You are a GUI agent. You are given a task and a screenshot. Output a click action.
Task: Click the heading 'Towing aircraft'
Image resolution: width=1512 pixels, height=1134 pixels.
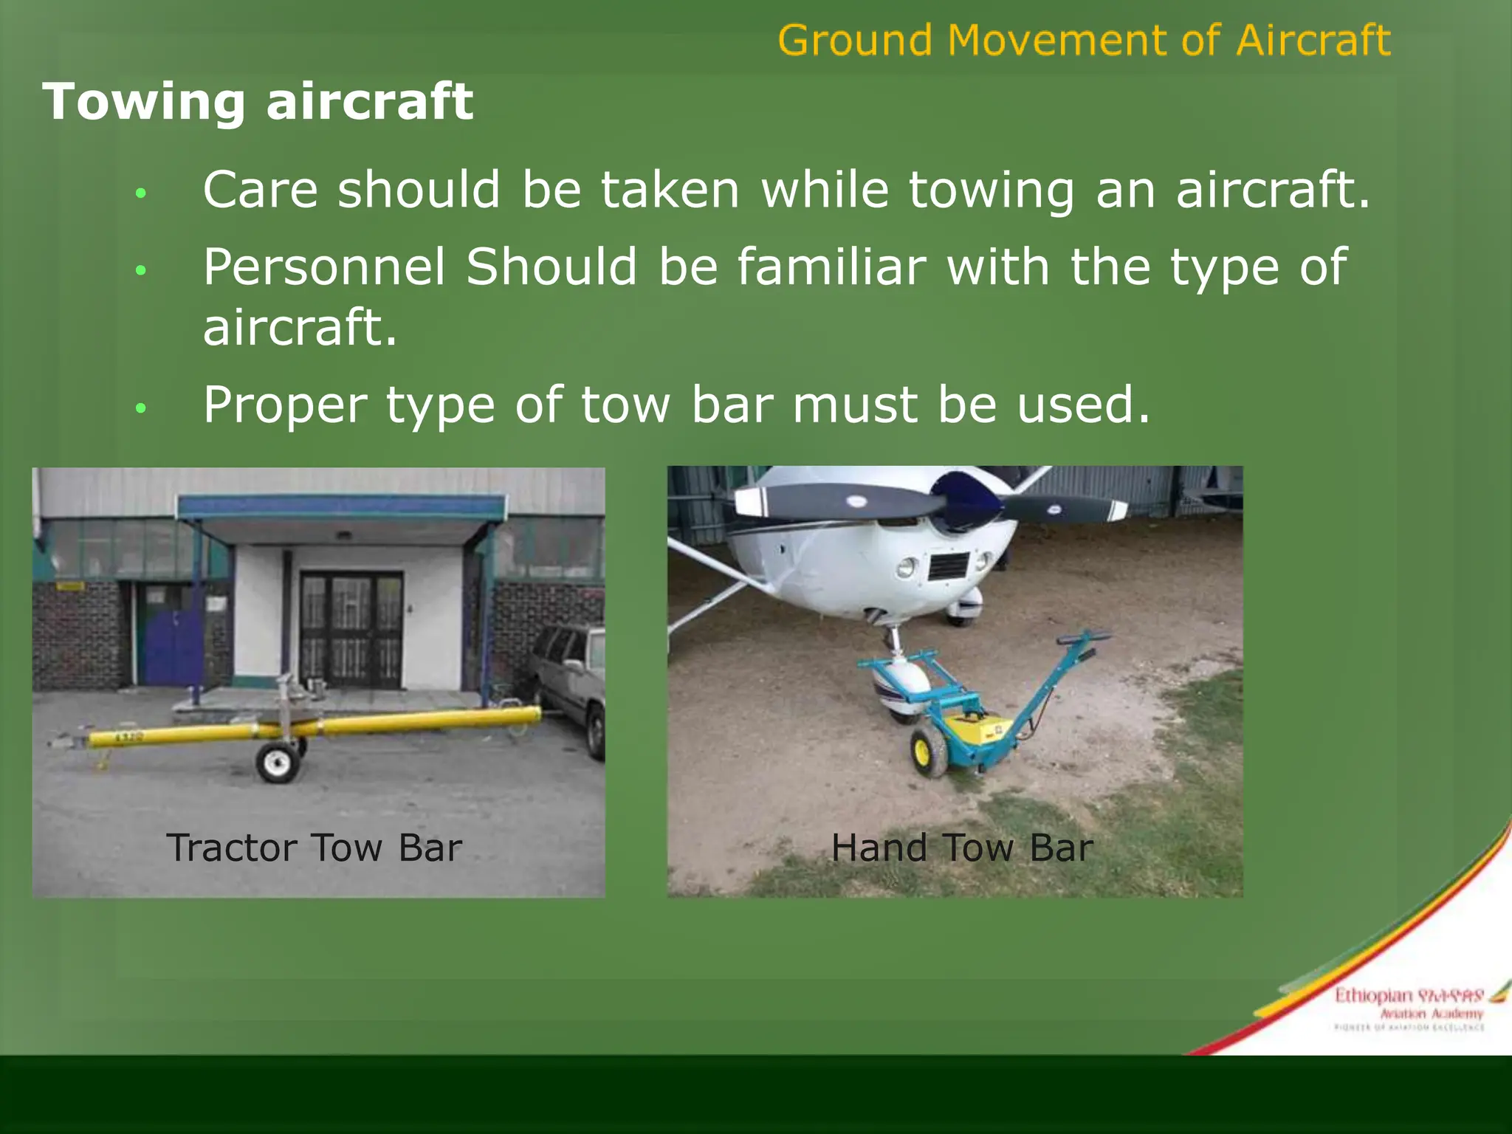coord(257,101)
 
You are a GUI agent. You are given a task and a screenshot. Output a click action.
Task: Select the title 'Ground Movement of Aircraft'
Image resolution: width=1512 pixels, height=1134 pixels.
coord(1084,40)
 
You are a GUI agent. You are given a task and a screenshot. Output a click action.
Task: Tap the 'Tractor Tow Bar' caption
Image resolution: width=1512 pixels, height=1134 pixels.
coord(314,848)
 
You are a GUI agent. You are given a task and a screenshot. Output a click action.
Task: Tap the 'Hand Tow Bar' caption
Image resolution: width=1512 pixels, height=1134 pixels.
coord(961,848)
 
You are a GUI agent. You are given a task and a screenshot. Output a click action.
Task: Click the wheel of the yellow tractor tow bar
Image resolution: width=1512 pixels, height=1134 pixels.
coord(278,763)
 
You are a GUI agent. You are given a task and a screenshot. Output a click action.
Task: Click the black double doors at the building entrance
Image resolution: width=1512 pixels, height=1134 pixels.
coord(351,628)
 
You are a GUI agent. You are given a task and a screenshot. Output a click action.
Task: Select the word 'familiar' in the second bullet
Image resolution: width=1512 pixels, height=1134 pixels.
coord(831,267)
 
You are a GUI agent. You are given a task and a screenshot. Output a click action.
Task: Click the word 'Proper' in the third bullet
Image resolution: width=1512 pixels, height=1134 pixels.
coord(285,405)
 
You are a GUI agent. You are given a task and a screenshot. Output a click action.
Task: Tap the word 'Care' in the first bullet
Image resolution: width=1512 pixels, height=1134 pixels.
coord(260,190)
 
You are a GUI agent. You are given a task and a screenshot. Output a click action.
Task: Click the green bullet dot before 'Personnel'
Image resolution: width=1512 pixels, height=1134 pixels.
coord(141,270)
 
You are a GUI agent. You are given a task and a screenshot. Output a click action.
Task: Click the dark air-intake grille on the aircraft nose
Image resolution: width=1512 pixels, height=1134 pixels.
coord(949,566)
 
